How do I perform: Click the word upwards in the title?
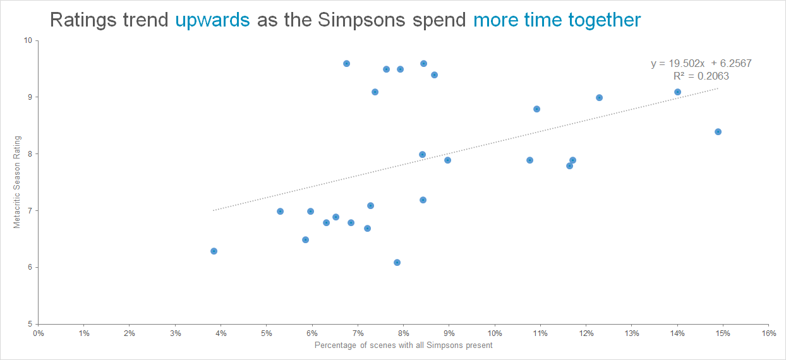212,20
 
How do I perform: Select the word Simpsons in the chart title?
361,20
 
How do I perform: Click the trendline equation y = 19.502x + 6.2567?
701,63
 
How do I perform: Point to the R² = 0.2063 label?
701,76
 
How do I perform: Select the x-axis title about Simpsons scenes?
403,345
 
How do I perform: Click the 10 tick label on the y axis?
28,40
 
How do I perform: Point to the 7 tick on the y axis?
30,210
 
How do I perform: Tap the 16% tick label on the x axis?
768,333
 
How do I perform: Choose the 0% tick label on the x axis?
39,333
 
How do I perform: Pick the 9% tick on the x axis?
449,333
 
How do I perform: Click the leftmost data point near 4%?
214,251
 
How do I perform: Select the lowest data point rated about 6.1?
397,262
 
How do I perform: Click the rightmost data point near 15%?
718,131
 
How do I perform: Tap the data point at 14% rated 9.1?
677,92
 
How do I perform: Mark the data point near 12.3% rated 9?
599,97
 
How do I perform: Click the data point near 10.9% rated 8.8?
536,109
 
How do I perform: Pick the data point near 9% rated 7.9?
447,160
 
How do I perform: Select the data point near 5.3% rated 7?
280,211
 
